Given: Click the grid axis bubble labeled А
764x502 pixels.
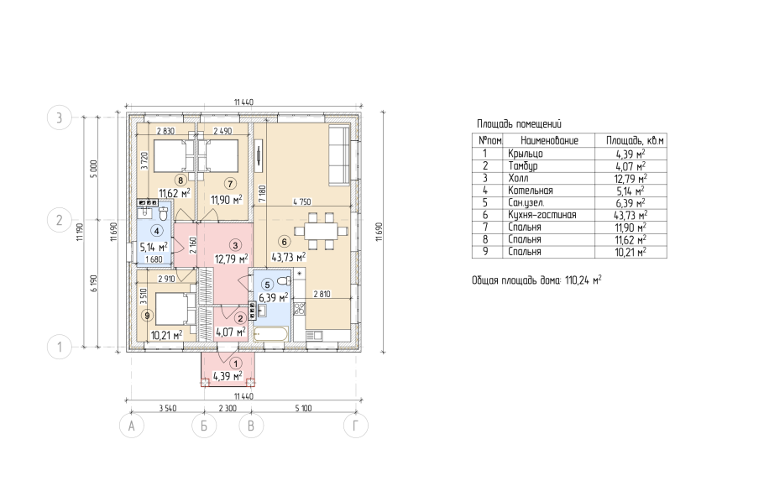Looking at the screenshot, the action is pos(132,426).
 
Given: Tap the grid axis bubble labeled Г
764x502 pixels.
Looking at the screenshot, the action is pos(355,426).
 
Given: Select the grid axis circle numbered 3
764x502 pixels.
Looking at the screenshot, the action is pos(60,118).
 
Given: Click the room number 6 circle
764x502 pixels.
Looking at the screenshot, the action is pos(284,241).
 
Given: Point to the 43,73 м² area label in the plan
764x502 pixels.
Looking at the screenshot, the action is pos(289,257).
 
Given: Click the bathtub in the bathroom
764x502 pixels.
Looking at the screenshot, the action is pos(271,335).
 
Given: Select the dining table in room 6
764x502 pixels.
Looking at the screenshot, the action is pos(321,231).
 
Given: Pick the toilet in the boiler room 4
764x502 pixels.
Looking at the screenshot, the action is pos(163,213).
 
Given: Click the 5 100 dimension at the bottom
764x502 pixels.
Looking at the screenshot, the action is pos(303,409).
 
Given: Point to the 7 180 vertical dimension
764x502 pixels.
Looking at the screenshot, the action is pos(262,193).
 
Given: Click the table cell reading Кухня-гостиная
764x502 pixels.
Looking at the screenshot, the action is pos(542,215).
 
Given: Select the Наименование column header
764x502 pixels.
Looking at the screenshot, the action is pos(549,141).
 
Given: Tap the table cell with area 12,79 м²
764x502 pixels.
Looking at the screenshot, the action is pos(631,178).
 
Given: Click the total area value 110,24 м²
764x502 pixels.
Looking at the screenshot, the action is pos(583,280).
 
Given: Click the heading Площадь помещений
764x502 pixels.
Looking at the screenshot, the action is pos(519,123).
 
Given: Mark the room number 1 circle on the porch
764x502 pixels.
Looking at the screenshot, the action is pos(236,363).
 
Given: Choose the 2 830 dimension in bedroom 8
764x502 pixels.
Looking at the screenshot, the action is pos(165,131).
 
